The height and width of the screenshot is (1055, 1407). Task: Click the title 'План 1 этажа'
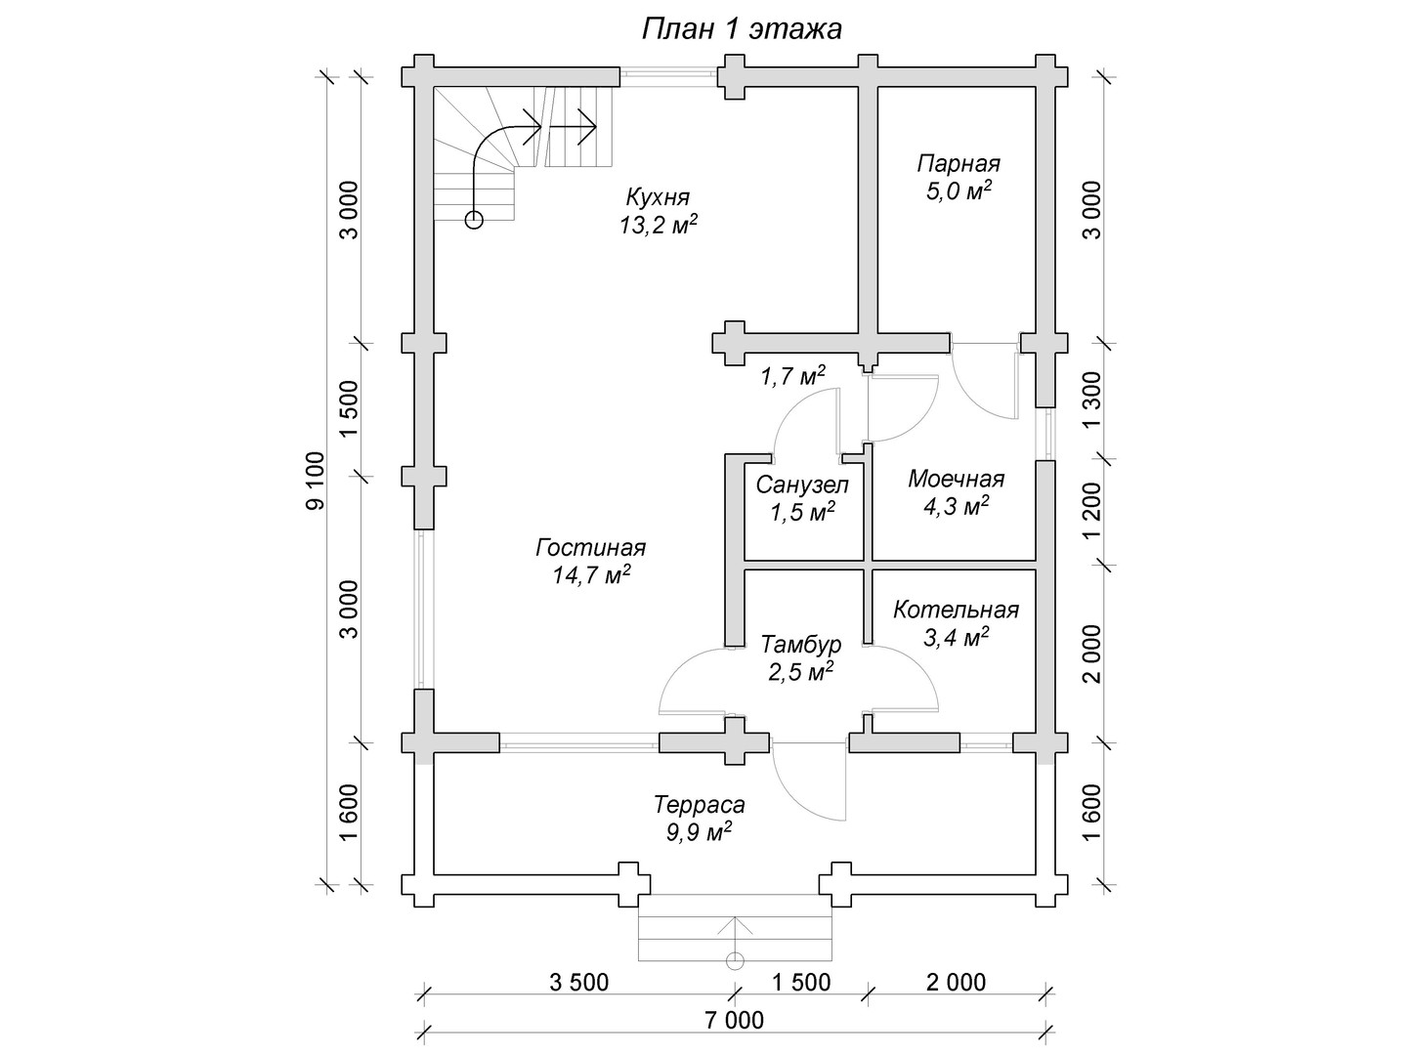coord(742,29)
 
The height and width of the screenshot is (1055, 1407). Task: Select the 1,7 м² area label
coord(792,377)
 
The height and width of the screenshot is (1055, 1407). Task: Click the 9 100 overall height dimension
coord(316,481)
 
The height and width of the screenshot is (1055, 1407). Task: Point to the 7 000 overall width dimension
coord(735,1020)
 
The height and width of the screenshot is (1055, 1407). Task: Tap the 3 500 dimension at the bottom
coord(578,982)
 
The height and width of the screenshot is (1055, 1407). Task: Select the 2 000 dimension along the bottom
coord(956,982)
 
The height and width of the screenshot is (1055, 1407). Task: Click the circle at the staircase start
coord(474,221)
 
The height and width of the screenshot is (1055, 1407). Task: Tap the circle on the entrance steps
coord(735,961)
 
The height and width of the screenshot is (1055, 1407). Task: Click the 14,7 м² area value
coord(591,575)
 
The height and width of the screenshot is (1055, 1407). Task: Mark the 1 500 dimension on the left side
coord(349,409)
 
